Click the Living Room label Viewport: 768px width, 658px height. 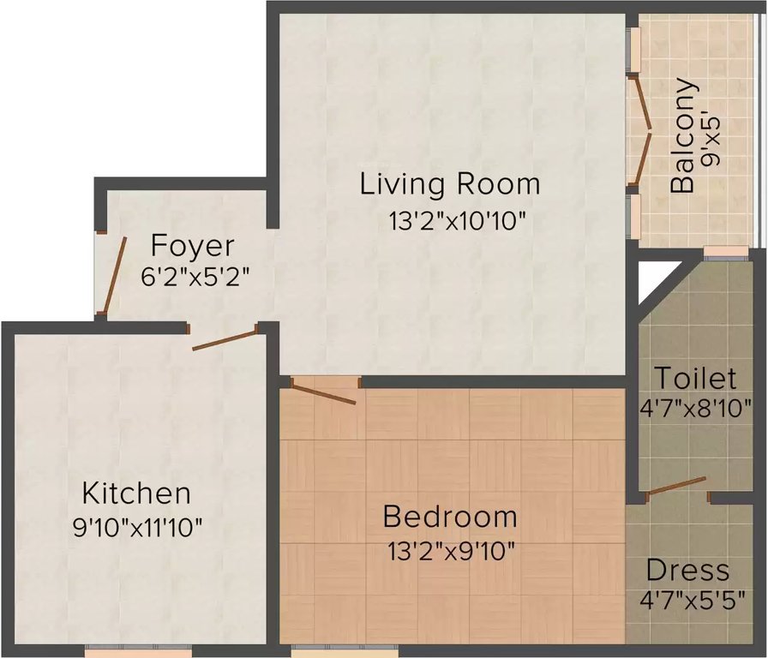coord(450,184)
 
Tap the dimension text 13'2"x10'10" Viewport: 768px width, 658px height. coord(455,221)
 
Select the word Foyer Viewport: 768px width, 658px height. coord(192,246)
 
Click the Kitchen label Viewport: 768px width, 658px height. coord(135,493)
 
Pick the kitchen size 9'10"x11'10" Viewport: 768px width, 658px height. coord(137,526)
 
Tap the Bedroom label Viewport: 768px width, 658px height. coord(450,517)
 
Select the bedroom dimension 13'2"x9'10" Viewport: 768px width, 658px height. coord(451,549)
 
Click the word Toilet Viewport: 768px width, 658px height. coord(694,378)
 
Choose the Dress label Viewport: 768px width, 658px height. coord(687,570)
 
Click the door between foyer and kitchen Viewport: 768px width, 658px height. coord(225,338)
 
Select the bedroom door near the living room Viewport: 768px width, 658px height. coord(323,393)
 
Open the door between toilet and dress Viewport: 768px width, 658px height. coord(676,486)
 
